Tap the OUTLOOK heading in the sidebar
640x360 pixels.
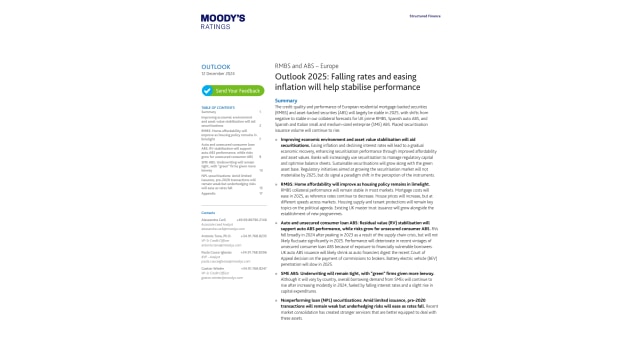pyautogui.click(x=215, y=67)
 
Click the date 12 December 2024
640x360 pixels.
pyautogui.click(x=218, y=75)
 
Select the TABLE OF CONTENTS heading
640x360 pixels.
pyautogui.click(x=218, y=107)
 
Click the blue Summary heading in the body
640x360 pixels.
pyautogui.click(x=286, y=100)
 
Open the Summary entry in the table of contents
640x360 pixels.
pyautogui.click(x=208, y=112)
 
